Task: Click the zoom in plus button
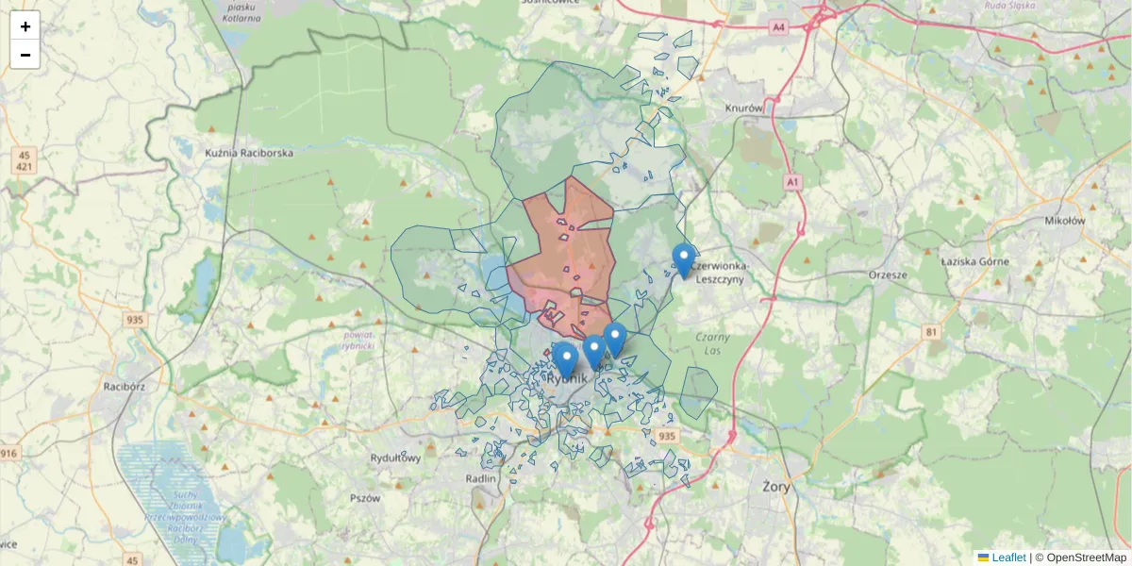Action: point(25,26)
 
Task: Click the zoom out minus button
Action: point(25,55)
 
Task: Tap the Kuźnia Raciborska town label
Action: point(249,152)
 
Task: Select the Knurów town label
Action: point(743,108)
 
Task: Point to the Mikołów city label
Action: point(1065,220)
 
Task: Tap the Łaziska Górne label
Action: point(975,261)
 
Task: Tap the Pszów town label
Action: point(364,498)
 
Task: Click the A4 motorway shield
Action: point(778,27)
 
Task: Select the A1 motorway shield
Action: point(791,181)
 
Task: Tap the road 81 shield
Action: point(932,331)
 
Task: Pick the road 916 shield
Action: point(8,454)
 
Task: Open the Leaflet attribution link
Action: point(1007,558)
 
